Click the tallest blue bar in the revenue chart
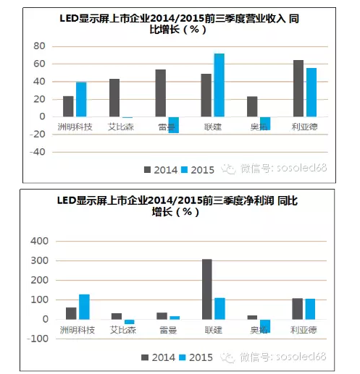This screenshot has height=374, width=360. pos(219,85)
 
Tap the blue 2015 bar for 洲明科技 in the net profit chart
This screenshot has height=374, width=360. pos(84,306)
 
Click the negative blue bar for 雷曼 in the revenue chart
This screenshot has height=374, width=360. pos(173,124)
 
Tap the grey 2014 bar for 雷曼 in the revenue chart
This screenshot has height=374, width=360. pos(160,93)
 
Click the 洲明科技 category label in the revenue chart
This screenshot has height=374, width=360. pos(75,127)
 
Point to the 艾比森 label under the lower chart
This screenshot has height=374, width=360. pos(121,329)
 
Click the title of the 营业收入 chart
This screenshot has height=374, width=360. pos(179,24)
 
